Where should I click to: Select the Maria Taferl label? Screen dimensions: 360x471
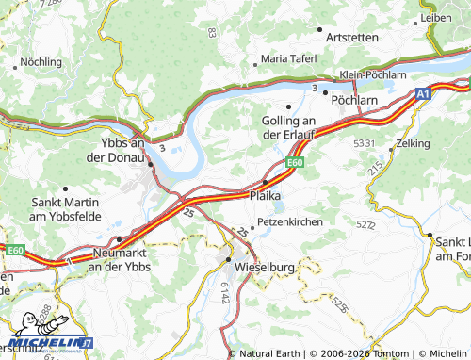[x=288, y=58]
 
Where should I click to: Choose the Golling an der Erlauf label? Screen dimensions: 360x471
[x=288, y=127]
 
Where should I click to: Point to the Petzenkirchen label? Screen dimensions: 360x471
[x=290, y=221]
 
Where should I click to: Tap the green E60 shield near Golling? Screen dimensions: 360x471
[x=295, y=162]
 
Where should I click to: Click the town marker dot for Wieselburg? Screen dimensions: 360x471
[x=228, y=256]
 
